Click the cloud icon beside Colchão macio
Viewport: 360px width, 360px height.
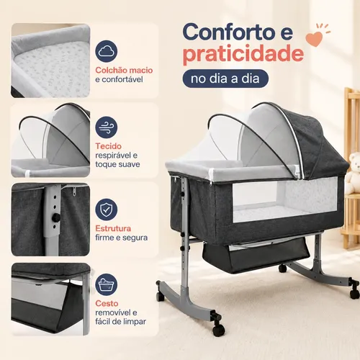click(107, 51)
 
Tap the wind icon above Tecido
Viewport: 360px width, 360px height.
click(107, 127)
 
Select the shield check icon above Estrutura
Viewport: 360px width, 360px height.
click(107, 210)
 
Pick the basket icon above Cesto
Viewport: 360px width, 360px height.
click(107, 284)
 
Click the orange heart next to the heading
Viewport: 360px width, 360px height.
click(314, 39)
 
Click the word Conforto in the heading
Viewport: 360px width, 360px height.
click(228, 32)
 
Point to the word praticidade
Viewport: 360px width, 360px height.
click(243, 54)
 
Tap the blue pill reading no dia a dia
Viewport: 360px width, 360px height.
click(225, 78)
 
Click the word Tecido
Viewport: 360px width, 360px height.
click(109, 146)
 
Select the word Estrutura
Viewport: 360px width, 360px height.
click(113, 228)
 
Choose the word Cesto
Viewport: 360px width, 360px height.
click(107, 303)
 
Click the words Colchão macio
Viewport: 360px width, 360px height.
click(124, 70)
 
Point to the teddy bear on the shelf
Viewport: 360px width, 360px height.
click(354, 172)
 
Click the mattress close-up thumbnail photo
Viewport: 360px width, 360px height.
click(50, 60)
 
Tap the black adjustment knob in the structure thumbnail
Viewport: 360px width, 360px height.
click(56, 217)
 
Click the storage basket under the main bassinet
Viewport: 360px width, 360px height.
click(256, 256)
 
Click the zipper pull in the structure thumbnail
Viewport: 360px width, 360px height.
click(74, 192)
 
